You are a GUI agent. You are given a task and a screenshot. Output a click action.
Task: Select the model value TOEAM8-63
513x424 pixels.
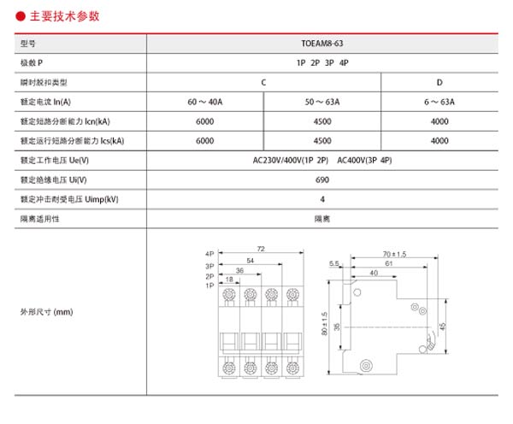[x=321, y=42]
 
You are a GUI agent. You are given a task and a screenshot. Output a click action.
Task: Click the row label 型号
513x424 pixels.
[x=29, y=42]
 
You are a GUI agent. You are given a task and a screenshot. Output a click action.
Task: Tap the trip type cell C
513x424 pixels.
[x=263, y=81]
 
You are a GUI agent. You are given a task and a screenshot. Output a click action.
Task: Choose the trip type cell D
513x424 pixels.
[x=439, y=81]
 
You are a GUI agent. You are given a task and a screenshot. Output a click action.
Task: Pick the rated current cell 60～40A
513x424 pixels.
[x=204, y=101]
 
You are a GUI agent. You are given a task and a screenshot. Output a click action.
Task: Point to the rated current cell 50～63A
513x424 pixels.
[x=322, y=101]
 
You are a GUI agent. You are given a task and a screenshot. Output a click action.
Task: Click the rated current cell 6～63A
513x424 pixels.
[x=439, y=101]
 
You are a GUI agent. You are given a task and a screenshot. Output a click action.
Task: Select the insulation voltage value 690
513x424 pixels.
[x=321, y=180]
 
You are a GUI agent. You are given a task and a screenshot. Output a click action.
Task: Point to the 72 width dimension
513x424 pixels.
[x=261, y=249]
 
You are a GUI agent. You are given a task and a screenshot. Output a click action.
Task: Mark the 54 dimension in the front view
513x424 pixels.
[x=250, y=260]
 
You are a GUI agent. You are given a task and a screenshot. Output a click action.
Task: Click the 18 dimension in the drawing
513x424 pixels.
[x=229, y=280]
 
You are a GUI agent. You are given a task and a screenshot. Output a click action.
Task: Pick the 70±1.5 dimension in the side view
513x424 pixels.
[x=394, y=254]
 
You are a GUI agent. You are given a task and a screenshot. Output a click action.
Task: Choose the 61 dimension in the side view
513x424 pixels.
[x=387, y=264]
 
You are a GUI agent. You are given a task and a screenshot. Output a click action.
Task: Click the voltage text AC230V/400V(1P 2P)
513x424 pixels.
[x=292, y=160]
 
